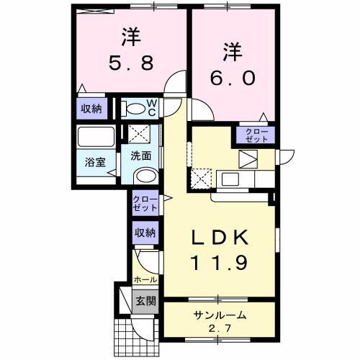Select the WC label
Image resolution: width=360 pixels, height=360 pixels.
pyautogui.click(x=153, y=107)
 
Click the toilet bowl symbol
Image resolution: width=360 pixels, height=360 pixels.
pyautogui.click(x=133, y=109)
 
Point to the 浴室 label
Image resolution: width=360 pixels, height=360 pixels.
pyautogui.click(x=96, y=161)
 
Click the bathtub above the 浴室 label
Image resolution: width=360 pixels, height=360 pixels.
pyautogui.click(x=96, y=138)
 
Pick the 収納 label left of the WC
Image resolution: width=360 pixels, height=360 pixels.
pyautogui.click(x=91, y=109)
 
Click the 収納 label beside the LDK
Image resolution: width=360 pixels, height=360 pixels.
pyautogui.click(x=145, y=232)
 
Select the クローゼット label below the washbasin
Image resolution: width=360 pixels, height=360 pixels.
pyautogui.click(x=144, y=204)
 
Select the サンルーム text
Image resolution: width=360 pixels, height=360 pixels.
pyautogui.click(x=218, y=315)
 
